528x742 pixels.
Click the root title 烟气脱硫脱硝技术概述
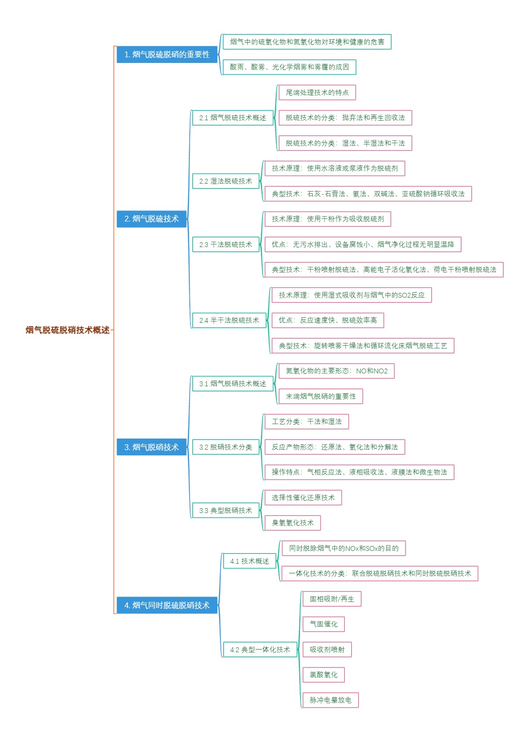click(x=67, y=330)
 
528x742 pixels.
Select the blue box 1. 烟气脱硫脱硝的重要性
click(x=167, y=55)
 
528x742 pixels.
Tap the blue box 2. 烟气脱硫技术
click(x=151, y=219)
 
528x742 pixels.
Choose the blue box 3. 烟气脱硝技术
click(x=151, y=447)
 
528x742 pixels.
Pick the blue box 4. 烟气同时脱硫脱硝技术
click(x=167, y=605)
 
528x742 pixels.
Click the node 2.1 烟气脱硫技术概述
click(x=232, y=118)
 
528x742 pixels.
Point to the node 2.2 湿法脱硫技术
click(x=225, y=181)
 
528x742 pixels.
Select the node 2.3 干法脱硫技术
click(x=225, y=244)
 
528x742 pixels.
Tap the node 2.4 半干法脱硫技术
click(x=229, y=320)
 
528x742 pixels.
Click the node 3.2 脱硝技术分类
click(x=225, y=447)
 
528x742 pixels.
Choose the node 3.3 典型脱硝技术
click(x=225, y=510)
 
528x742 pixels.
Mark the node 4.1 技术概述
click(x=249, y=561)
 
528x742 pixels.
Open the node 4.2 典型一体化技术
click(x=260, y=650)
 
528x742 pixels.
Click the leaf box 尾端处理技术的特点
click(x=317, y=92)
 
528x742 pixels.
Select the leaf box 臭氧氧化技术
click(x=292, y=523)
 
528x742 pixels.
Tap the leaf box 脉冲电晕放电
click(x=330, y=700)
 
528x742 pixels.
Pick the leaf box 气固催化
click(x=323, y=624)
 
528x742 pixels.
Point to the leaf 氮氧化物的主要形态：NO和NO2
click(x=336, y=371)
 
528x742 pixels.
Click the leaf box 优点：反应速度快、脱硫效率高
click(x=327, y=320)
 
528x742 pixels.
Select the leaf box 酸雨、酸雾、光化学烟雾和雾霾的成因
click(x=289, y=67)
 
